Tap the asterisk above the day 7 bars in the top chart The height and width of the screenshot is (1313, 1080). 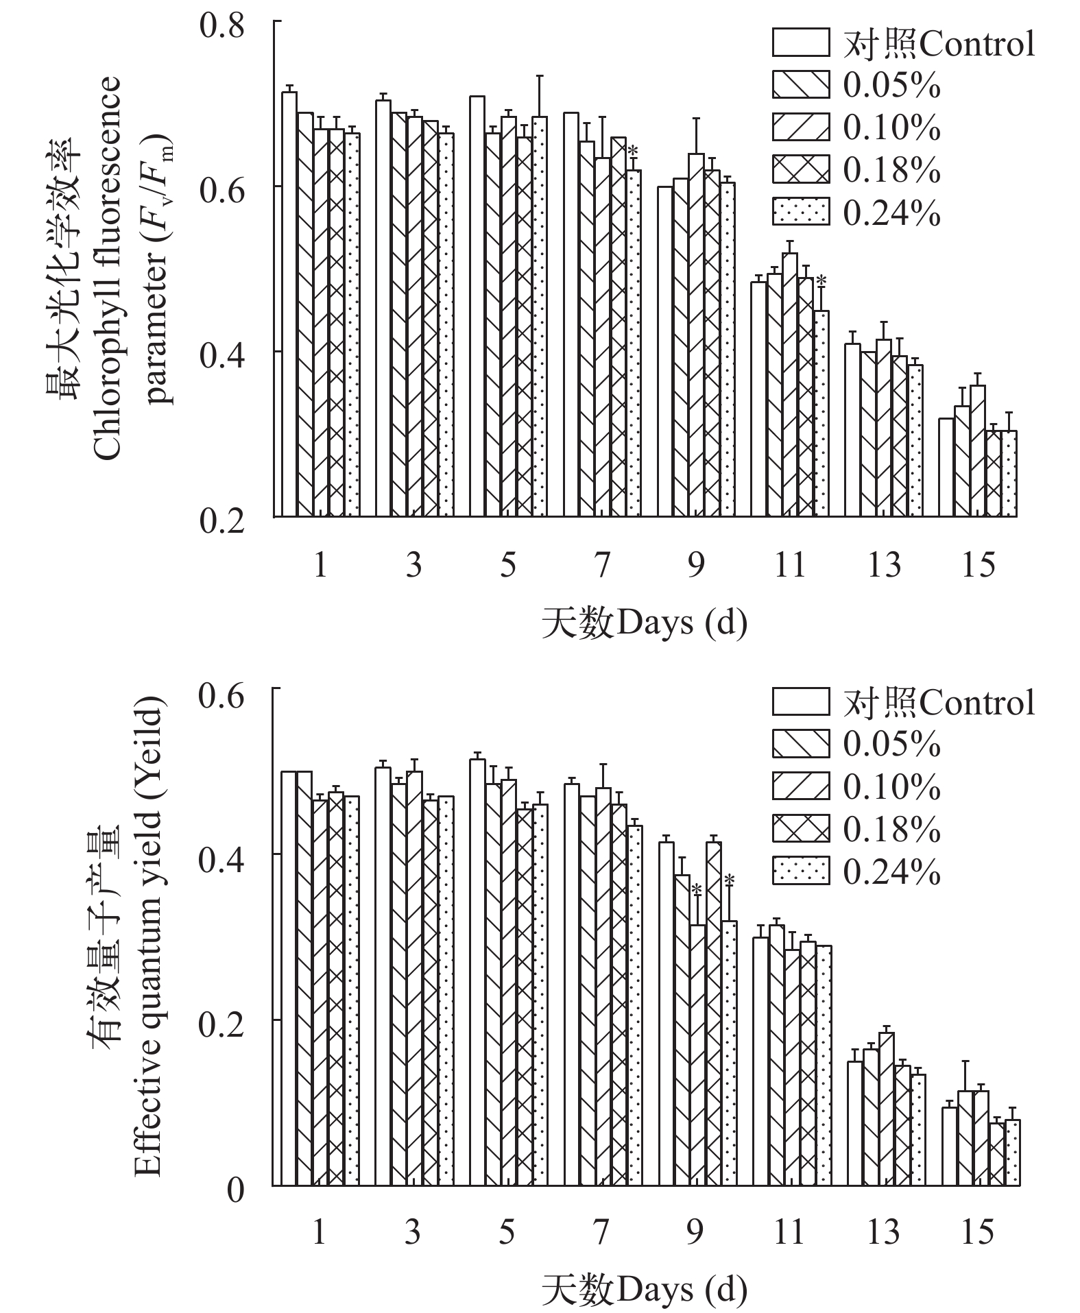(x=633, y=150)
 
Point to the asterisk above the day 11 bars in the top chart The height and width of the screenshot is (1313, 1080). (x=821, y=280)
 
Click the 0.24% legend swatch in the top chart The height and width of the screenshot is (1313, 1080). (x=800, y=212)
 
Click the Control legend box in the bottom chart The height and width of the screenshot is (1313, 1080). (x=800, y=701)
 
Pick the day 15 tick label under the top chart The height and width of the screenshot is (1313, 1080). (x=978, y=566)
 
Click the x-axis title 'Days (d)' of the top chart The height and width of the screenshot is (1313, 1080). (x=644, y=623)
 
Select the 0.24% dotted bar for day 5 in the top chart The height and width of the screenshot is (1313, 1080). (x=540, y=316)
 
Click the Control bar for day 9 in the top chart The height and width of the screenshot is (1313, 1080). (x=664, y=351)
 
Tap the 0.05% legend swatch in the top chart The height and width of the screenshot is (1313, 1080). (x=800, y=84)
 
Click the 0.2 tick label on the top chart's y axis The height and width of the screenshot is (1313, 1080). (x=221, y=521)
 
